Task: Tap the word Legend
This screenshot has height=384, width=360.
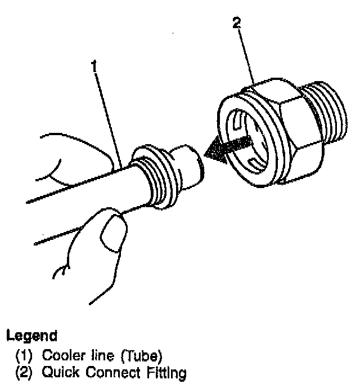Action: [31, 337]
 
